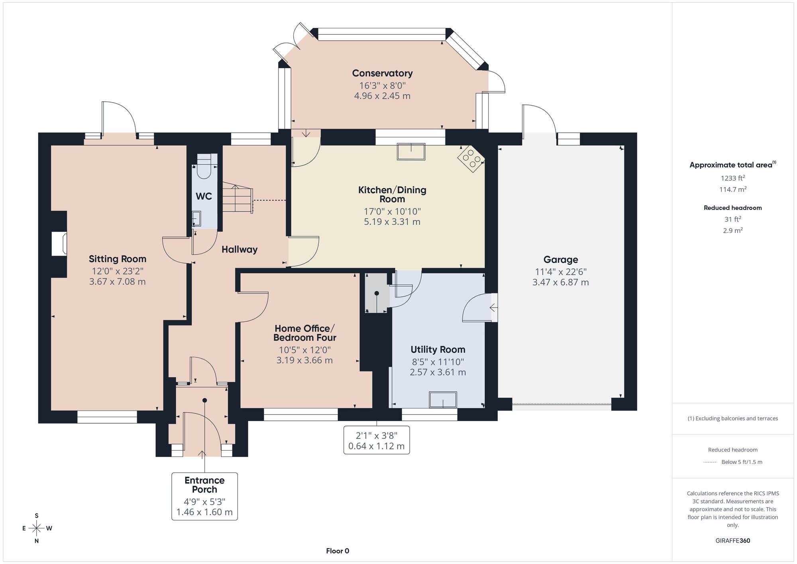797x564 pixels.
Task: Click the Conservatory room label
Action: (x=382, y=73)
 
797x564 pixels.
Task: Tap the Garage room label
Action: (x=561, y=260)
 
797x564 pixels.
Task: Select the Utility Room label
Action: (x=438, y=350)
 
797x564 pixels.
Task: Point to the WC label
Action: (x=204, y=196)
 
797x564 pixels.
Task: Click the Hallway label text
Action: (x=239, y=250)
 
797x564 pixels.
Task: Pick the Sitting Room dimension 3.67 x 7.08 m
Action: (x=118, y=282)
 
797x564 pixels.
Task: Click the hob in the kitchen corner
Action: (x=471, y=159)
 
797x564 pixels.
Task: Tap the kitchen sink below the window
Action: (x=411, y=151)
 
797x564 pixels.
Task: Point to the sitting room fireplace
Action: (x=59, y=244)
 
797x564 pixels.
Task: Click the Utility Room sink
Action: (x=443, y=400)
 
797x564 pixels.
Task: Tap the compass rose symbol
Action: (x=37, y=529)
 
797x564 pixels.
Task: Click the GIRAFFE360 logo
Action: (x=733, y=541)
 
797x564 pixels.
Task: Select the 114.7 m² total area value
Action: (x=733, y=189)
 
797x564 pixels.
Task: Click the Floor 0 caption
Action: (x=338, y=551)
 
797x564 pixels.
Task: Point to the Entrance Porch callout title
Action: (x=204, y=485)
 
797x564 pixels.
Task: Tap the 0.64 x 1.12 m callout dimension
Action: (x=377, y=446)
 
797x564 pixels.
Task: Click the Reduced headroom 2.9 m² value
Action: (x=733, y=231)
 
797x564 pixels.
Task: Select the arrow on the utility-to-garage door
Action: (x=493, y=308)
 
